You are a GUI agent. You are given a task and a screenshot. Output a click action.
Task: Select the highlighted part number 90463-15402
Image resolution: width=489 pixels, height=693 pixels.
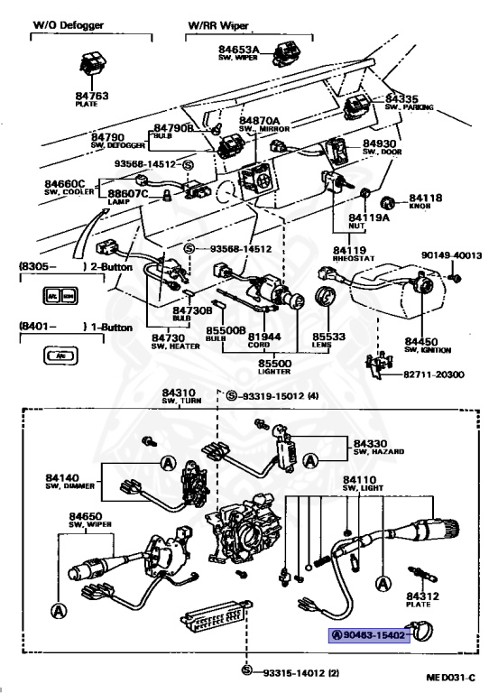[371, 634]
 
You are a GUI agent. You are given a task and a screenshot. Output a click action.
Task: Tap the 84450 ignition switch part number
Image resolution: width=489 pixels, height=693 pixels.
[421, 342]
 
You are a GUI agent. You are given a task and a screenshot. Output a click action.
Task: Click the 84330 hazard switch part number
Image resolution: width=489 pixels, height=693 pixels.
[371, 442]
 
